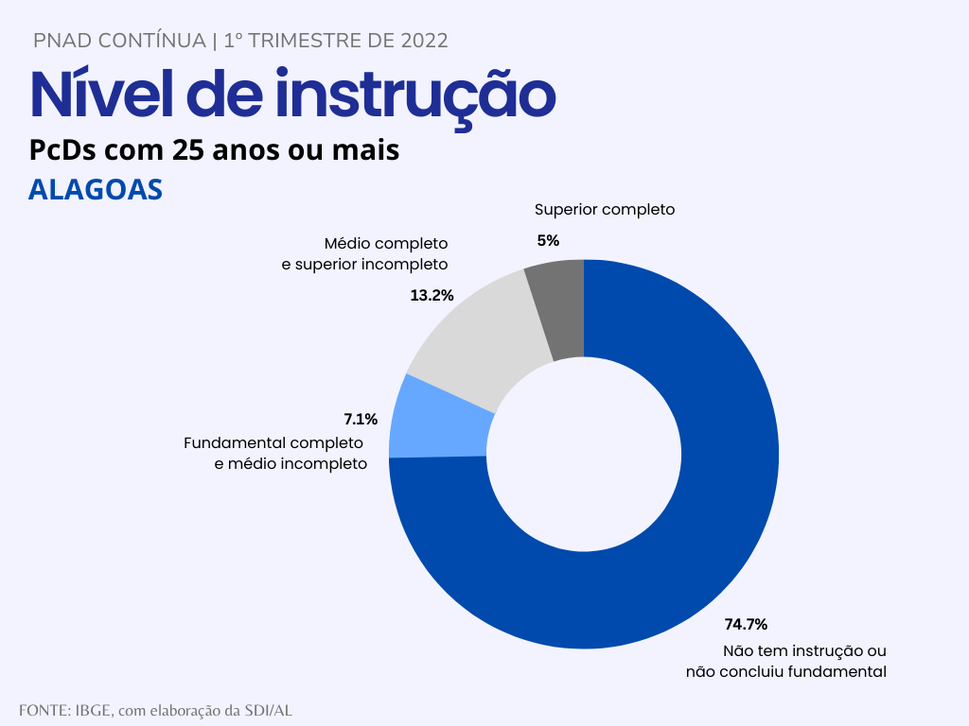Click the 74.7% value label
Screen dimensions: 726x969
[x=746, y=624]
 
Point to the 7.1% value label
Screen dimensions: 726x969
[x=361, y=419]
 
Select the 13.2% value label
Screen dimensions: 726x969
[x=432, y=295]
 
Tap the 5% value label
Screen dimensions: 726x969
[x=548, y=240]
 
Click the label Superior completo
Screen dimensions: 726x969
[x=605, y=210]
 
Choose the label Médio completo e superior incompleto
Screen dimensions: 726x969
[x=365, y=254]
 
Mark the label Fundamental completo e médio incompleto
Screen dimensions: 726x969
[x=274, y=454]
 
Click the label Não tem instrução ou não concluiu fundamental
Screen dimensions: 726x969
[x=786, y=662]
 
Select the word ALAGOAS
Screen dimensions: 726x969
[x=96, y=190]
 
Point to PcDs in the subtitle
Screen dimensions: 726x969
[x=64, y=149]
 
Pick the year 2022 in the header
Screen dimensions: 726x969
[x=424, y=41]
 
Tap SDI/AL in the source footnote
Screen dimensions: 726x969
[x=269, y=710]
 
